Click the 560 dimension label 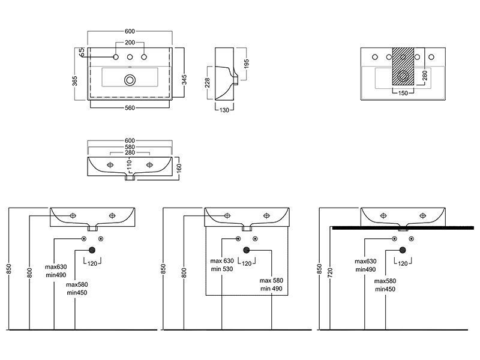pos(130,108)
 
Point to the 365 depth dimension pos(75,81)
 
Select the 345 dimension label pos(184,80)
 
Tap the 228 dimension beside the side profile pos(208,83)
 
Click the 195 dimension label pos(247,64)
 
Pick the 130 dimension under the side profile pos(224,110)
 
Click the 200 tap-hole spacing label pos(130,43)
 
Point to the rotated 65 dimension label pos(82,52)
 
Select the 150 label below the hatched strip pos(403,93)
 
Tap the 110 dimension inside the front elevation pos(129,164)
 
